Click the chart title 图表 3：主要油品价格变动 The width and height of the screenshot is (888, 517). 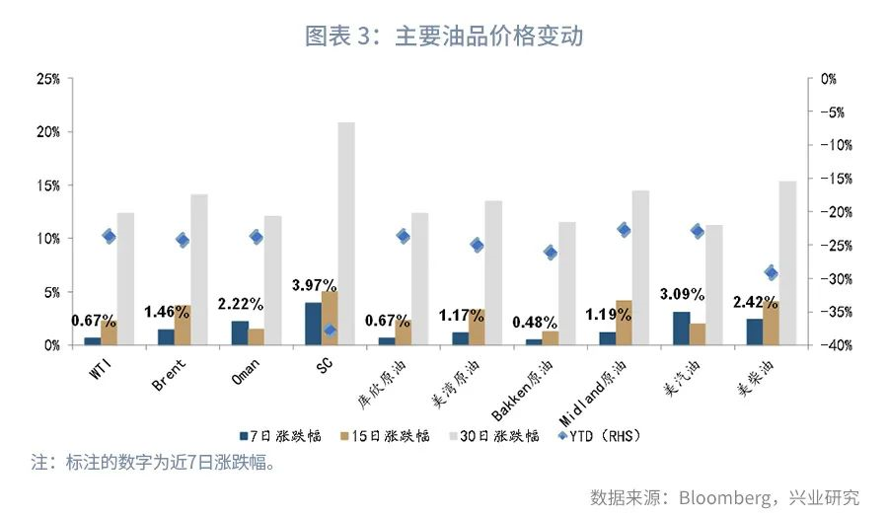point(444,37)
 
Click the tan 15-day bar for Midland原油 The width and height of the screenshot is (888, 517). point(624,323)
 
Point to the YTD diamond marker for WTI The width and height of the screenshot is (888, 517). point(109,236)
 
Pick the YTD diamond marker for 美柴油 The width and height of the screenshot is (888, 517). point(772,273)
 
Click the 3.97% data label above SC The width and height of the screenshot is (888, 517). point(315,285)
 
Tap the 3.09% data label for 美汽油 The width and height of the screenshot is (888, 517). point(682,294)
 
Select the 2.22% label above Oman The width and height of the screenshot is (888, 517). point(240,303)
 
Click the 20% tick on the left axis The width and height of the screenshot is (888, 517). point(47,132)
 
